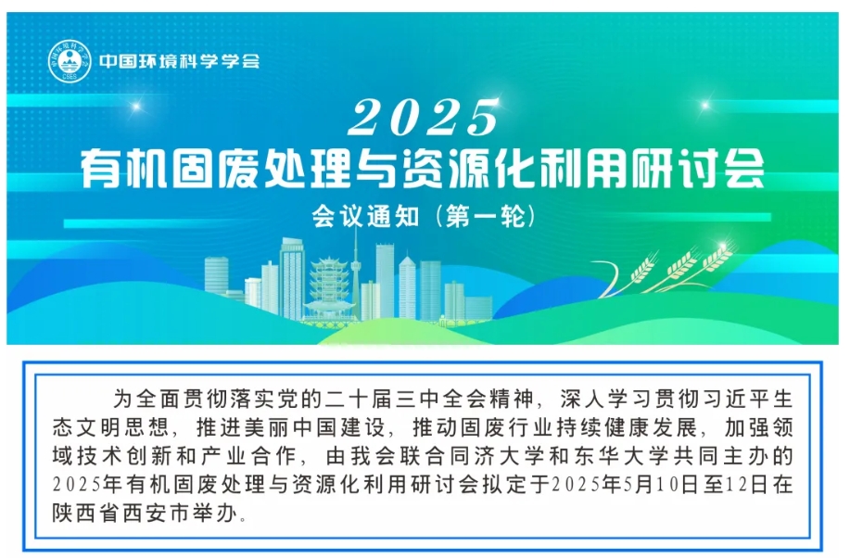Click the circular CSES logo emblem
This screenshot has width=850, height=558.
pos(70,62)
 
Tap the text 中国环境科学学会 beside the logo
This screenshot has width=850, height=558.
pos(180,61)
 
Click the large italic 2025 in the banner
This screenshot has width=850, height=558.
pos(423,118)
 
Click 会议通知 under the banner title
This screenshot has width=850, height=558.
pos(365,217)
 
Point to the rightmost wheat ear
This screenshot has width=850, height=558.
pos(717,258)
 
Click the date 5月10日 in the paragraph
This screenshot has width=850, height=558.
pos(660,484)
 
